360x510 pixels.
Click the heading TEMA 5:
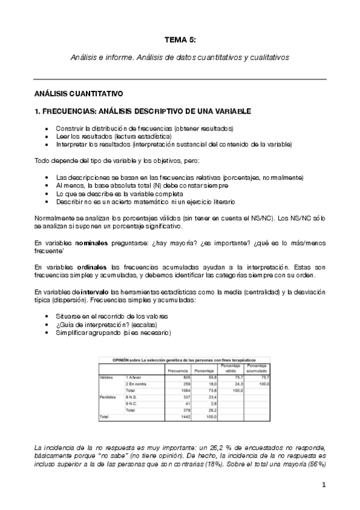(180, 40)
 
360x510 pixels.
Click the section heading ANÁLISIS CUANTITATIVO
(78, 94)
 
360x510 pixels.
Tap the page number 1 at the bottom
(323, 485)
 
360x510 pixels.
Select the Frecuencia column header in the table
(178, 370)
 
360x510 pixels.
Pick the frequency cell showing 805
(185, 377)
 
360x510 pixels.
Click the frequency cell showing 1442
(185, 416)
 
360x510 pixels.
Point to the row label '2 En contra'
(137, 383)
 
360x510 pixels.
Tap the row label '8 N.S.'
(132, 397)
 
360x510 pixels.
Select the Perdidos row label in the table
(108, 397)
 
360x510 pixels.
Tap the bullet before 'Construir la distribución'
(47, 129)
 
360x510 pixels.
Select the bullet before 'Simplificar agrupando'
(47, 333)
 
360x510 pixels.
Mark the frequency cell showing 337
(185, 397)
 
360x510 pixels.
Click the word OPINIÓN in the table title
(122, 359)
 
